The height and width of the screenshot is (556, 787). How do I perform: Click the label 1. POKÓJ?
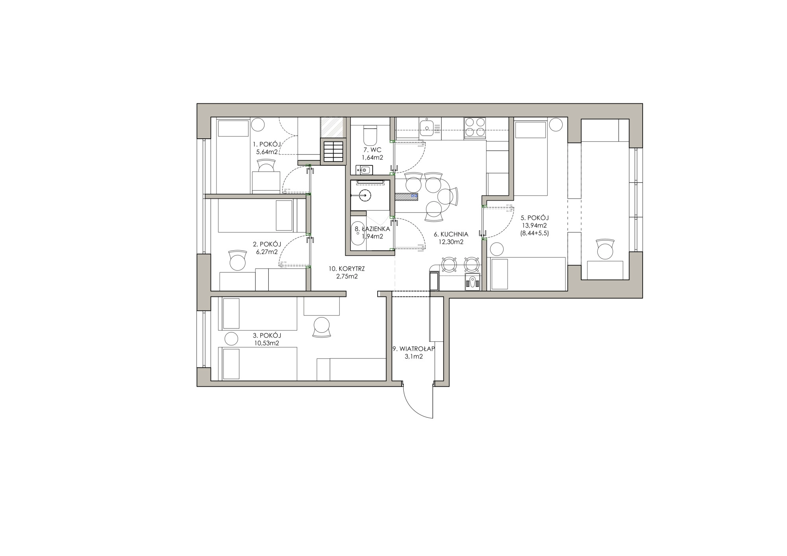[x=267, y=144]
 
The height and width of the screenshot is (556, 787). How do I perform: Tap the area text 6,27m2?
[x=267, y=252]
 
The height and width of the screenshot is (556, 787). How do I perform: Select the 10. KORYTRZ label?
[x=347, y=269]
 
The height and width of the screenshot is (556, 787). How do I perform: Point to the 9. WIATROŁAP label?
[x=413, y=349]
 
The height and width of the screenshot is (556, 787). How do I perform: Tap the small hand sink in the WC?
[x=364, y=170]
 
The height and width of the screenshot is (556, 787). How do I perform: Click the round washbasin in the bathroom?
[x=364, y=195]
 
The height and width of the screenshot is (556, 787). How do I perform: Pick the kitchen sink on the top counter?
[x=427, y=127]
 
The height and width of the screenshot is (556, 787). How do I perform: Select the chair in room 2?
[x=237, y=260]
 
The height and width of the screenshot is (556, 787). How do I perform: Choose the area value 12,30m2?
[x=451, y=242]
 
